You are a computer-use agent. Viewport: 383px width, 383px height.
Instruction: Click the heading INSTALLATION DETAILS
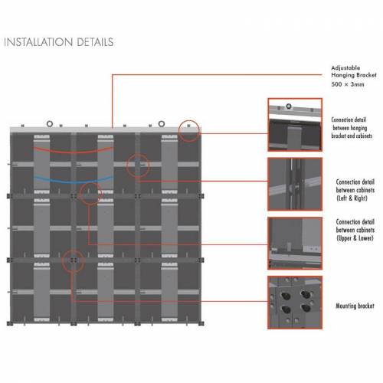click(59, 42)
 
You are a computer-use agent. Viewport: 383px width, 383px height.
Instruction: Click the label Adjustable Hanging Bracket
click(354, 71)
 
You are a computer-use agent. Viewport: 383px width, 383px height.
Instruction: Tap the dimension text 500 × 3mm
click(348, 84)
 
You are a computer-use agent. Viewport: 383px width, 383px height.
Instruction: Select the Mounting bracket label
click(355, 306)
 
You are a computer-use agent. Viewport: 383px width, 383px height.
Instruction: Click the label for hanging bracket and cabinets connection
click(352, 128)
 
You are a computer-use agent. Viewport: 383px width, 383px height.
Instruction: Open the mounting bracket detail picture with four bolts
click(295, 303)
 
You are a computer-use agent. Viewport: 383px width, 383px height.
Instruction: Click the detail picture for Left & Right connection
click(295, 184)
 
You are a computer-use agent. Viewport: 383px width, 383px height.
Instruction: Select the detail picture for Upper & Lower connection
click(295, 244)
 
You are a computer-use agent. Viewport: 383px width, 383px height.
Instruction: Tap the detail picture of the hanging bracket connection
click(295, 125)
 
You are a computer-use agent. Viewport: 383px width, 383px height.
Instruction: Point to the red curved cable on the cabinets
click(73, 152)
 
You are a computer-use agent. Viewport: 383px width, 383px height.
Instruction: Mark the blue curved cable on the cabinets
click(73, 182)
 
